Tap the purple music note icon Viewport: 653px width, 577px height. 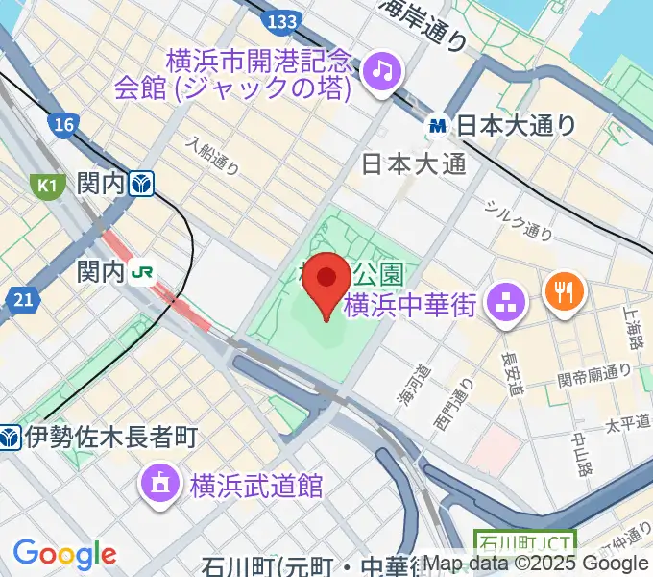[x=383, y=69]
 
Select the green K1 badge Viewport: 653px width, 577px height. [x=45, y=184]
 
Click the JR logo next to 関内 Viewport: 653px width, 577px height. [x=142, y=273]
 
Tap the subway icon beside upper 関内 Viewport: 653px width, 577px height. [x=143, y=183]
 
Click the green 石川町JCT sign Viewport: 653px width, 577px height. [x=525, y=544]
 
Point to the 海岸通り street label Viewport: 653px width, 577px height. [x=423, y=23]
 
